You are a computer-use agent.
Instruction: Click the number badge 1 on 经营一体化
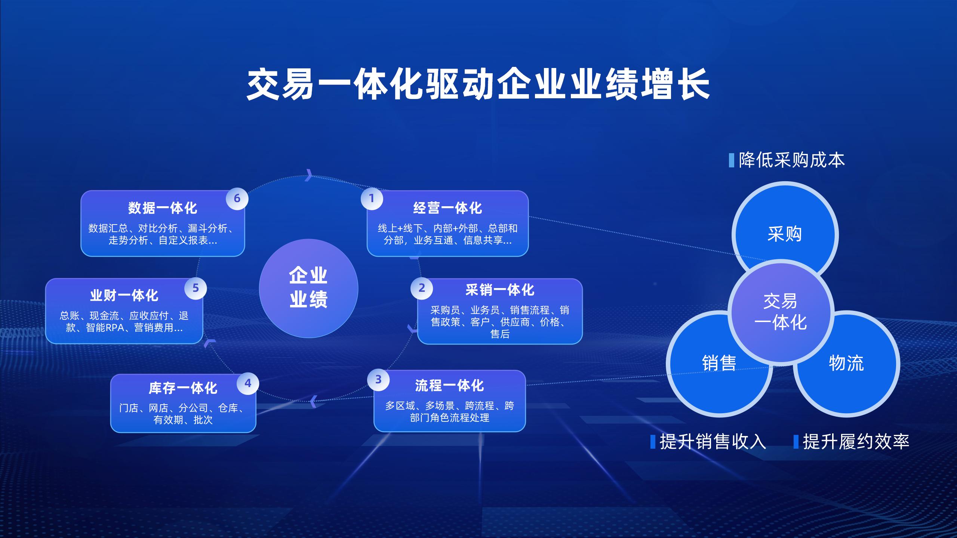[x=372, y=198]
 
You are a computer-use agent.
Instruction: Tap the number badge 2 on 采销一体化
[x=422, y=288]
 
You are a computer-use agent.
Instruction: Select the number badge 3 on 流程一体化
[x=378, y=380]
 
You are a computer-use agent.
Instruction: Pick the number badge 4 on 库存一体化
[x=248, y=383]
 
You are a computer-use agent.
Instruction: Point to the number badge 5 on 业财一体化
[x=196, y=288]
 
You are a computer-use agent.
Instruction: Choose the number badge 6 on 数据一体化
[x=237, y=198]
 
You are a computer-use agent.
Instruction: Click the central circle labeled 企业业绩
[x=308, y=288]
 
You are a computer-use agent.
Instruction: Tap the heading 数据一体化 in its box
[x=162, y=208]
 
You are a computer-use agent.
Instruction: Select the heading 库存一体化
[x=183, y=388]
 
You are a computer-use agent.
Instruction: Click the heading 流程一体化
[x=449, y=386]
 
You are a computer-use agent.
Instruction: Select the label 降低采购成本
[x=792, y=160]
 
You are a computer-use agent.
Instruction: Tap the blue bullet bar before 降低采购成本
[x=732, y=160]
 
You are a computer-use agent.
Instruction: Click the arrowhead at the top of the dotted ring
[x=309, y=175]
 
